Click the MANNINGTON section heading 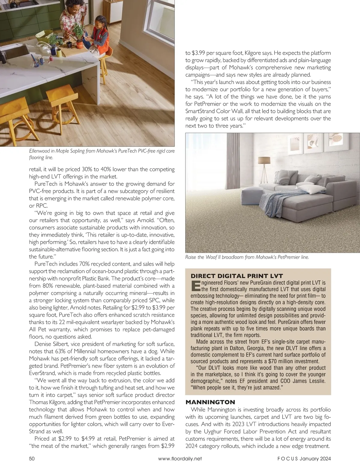tap(210, 402)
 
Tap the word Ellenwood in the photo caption tap(40, 151)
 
